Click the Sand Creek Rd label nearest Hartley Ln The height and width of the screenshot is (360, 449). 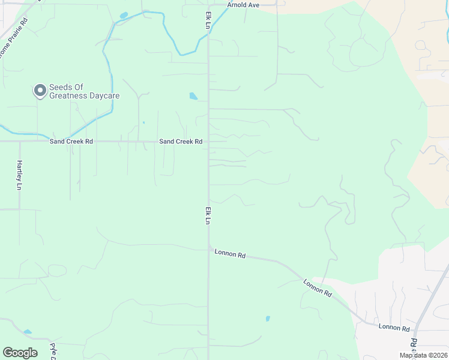tap(72, 142)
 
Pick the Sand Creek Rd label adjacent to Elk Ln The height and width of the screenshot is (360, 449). tap(180, 142)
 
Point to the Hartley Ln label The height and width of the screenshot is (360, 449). tap(19, 175)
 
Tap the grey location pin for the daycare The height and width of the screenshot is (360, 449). tap(40, 91)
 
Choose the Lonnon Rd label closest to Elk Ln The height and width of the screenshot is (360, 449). tap(230, 254)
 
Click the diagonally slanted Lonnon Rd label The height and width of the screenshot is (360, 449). tap(318, 288)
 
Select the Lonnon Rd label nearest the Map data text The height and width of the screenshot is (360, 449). tap(394, 328)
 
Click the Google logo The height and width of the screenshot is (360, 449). tap(20, 353)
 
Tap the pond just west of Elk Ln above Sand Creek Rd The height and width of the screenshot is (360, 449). tap(193, 95)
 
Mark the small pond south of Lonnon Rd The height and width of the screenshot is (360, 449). tap(268, 319)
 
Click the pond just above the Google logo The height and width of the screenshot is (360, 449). tap(28, 331)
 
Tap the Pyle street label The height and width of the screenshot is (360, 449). tap(53, 351)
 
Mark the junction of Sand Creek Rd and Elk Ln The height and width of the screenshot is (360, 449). tap(208, 142)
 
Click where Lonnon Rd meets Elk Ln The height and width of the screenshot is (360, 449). tap(209, 247)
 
